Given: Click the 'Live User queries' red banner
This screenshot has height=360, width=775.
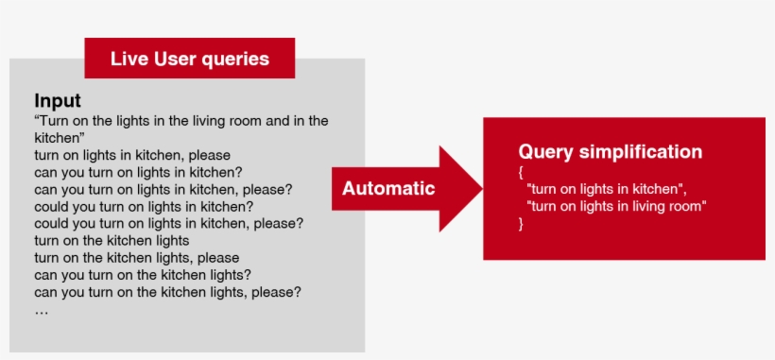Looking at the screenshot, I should tap(189, 59).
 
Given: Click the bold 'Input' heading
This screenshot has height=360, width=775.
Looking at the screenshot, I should tap(58, 101).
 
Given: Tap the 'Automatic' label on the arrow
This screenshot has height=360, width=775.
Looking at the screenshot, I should tap(388, 188).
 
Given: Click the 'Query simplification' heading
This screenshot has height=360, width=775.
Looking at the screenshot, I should tap(610, 152).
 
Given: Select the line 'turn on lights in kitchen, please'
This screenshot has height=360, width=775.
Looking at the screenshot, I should tap(132, 155).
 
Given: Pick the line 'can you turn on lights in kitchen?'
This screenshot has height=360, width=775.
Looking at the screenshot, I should tap(139, 172).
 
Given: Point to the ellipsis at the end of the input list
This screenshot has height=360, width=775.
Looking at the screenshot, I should tap(41, 309).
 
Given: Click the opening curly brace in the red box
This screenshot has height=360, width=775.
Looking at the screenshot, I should tap(521, 173).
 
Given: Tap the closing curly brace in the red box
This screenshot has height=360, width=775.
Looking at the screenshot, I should tap(521, 224).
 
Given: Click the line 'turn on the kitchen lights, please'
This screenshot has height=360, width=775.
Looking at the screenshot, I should tap(136, 258).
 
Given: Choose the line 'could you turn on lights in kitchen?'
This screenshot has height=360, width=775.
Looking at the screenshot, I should tap(144, 206).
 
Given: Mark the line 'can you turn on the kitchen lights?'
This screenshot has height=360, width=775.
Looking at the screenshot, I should tap(143, 275).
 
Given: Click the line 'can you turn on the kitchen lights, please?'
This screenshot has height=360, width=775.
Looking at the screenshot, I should tap(167, 292).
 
